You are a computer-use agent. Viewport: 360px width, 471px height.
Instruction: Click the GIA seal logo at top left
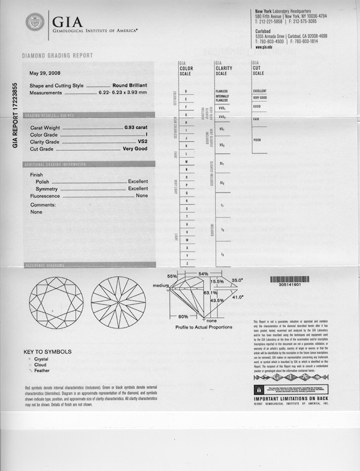coord(36,23)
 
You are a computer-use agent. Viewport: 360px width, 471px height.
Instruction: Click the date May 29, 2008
coord(45,73)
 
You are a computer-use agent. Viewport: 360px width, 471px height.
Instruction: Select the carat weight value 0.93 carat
coord(136,128)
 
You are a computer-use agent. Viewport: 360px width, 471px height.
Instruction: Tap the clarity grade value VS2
coord(142,142)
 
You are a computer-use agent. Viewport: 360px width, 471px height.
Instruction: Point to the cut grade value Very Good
coord(136,149)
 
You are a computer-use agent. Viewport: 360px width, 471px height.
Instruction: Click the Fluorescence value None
coord(142,195)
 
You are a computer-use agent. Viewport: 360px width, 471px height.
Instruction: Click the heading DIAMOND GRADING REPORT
coord(57,56)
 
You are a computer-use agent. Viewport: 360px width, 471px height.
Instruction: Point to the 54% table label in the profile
coord(203,275)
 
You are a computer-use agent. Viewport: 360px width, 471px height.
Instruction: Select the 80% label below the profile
coord(183,316)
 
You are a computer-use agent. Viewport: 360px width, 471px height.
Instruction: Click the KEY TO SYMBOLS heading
coord(47,352)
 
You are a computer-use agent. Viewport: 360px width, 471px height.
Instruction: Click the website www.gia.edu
coord(262,47)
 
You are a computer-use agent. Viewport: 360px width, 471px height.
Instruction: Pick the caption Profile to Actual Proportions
coord(203,327)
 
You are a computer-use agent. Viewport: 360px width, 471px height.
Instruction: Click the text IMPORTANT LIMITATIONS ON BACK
coord(291,398)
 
